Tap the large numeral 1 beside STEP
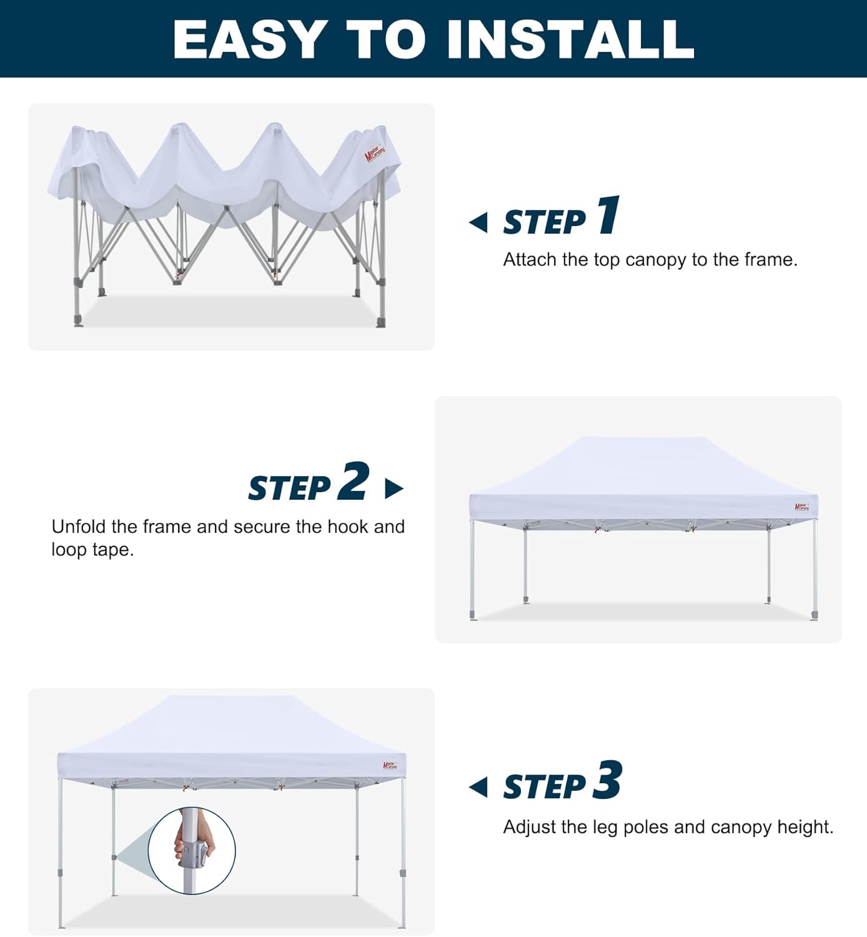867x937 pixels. [608, 216]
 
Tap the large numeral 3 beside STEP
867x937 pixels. [607, 780]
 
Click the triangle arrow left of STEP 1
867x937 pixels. [479, 222]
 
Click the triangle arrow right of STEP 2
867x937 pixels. [394, 488]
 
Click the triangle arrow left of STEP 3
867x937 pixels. [479, 787]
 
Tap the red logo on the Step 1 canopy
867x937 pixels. [374, 152]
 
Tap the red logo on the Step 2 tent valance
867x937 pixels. [801, 507]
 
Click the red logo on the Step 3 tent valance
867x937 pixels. [390, 765]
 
